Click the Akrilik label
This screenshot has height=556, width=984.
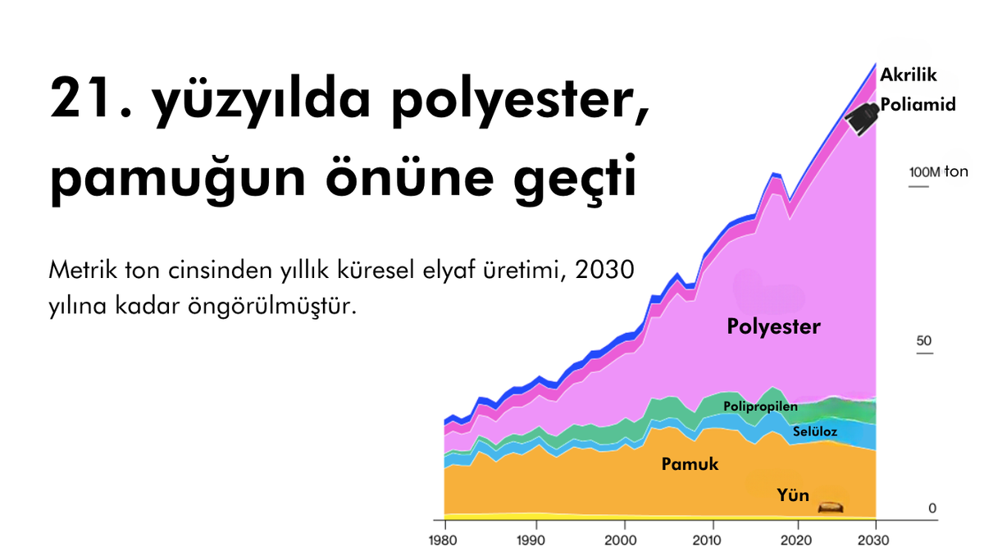pos(908,75)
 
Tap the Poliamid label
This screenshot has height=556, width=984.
pos(918,104)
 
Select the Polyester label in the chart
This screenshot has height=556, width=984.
pos(773,326)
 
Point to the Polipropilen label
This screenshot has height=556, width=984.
pos(760,407)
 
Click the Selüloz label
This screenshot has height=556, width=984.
pos(815,431)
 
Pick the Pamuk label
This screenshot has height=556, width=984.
pos(690,464)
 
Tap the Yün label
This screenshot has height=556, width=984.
pos(793,495)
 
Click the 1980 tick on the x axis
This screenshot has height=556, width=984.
pos(443,540)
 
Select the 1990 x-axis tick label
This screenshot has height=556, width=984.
pos(531,540)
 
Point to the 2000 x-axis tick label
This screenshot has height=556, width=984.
pos(620,540)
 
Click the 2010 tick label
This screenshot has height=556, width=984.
pos(707,540)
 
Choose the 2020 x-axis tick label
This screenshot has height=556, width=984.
pos(796,540)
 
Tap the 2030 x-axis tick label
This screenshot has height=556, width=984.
pos(873,540)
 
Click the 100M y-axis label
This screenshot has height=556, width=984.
pos(924,172)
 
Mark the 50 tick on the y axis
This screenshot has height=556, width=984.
pos(924,341)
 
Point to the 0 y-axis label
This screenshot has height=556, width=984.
pos(932,508)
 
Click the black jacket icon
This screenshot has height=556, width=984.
pos(862,119)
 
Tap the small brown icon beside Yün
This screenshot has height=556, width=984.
pos(830,508)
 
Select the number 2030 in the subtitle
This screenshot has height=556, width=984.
pos(605,270)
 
